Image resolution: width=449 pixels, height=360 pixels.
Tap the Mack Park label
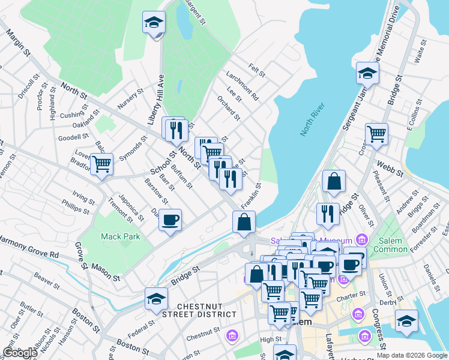coord(120,236)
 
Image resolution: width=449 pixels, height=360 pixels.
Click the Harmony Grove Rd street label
coord(29,248)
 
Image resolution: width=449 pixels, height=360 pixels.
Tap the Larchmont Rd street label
coord(242,86)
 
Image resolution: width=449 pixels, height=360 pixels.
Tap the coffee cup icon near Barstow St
coord(170,220)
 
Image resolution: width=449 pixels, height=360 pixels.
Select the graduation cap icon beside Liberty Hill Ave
coord(154,23)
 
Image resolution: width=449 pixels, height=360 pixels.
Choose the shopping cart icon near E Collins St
coord(376,134)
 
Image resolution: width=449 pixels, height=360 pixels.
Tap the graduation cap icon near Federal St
coord(156,298)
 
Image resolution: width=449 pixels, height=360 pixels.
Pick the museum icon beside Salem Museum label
coord(361,240)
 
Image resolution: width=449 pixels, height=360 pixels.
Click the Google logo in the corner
coord(19,353)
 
